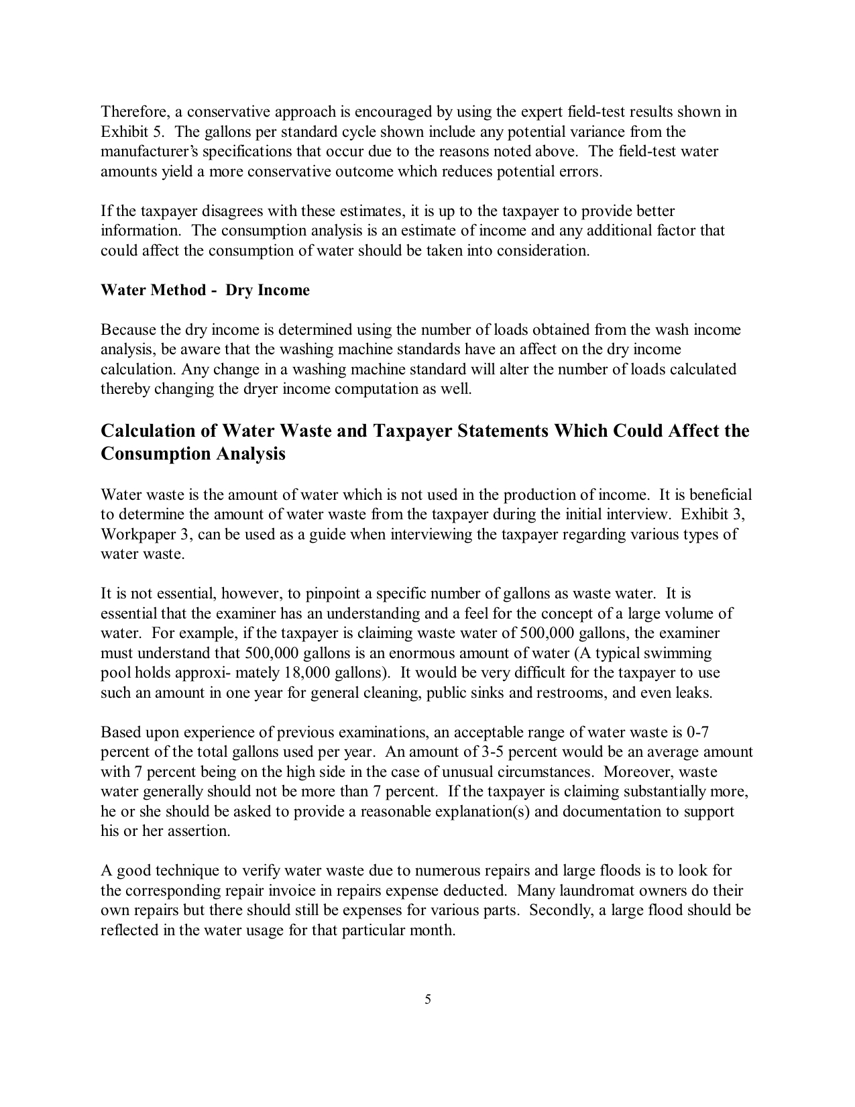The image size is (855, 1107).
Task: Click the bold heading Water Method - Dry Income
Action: coord(205,291)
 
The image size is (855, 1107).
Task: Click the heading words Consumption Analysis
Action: coord(193,454)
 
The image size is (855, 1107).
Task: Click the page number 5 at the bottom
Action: coord(428,1000)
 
